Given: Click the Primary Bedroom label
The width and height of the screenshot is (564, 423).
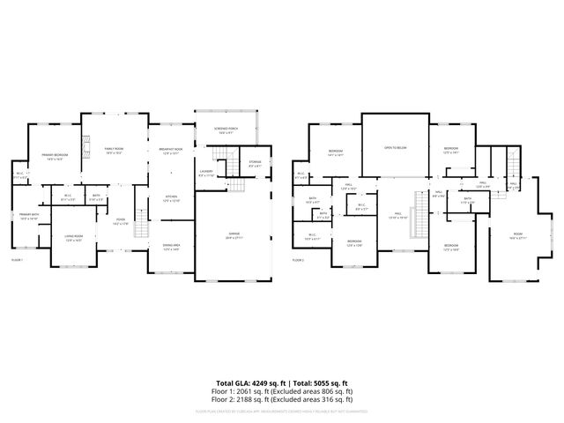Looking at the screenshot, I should [55, 156].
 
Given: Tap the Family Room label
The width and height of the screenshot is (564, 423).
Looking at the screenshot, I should [114, 150].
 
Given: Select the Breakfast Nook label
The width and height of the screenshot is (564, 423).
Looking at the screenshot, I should [171, 150].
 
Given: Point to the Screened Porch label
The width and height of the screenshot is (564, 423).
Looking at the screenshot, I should [226, 130].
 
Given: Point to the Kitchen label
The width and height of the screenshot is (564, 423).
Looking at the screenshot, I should [171, 197].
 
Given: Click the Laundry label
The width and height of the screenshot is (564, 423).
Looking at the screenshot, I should [206, 173].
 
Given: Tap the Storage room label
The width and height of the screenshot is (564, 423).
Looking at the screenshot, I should [255, 163].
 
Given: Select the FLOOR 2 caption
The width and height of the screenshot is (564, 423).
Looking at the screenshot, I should [297, 260].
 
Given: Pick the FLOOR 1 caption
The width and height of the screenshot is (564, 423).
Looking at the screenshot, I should [17, 260].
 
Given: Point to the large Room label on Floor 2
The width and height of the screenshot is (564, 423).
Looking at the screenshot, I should [516, 234].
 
